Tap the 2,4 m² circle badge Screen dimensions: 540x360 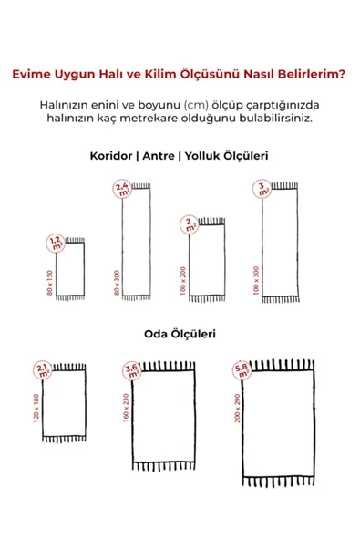click(121, 189)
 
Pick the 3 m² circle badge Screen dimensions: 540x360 click(264, 188)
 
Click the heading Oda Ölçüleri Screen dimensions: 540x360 click(180, 334)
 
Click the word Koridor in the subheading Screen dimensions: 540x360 click(111, 156)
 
